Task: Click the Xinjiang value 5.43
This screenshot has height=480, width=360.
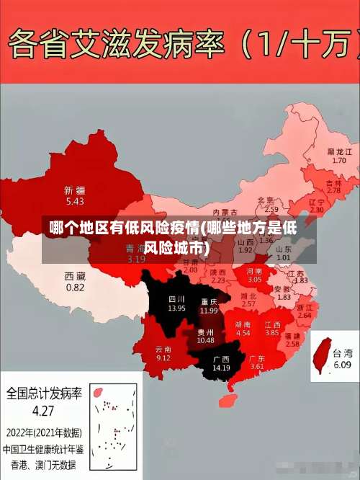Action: (74, 201)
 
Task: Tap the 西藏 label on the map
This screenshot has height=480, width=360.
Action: (75, 276)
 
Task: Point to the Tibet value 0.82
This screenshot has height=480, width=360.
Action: (75, 287)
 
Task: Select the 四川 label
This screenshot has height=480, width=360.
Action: (176, 298)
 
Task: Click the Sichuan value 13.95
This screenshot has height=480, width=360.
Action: (176, 308)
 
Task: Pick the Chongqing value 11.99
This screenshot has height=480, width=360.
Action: (209, 310)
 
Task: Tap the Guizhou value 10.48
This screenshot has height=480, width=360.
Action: (205, 340)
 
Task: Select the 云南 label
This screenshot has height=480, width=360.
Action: (163, 349)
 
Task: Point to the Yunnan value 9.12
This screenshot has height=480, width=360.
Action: (163, 358)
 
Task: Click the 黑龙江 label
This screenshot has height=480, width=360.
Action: (339, 152)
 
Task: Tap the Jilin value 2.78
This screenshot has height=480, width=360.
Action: (333, 190)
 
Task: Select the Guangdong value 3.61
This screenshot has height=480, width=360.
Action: (256, 366)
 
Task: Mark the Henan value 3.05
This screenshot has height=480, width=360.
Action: (255, 278)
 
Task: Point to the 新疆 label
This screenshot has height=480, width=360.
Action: (74, 190)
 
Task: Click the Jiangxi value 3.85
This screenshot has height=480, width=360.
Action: (271, 333)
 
